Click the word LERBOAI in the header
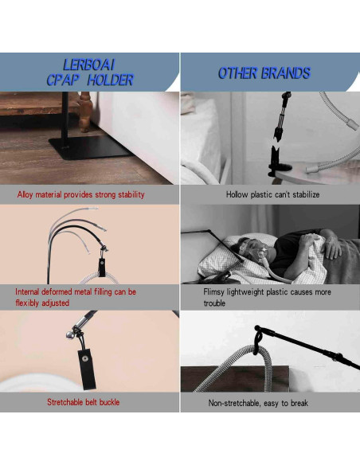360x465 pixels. point(89,64)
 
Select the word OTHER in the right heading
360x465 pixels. point(238,73)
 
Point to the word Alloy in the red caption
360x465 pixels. point(27,194)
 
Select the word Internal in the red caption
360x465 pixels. point(29,292)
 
